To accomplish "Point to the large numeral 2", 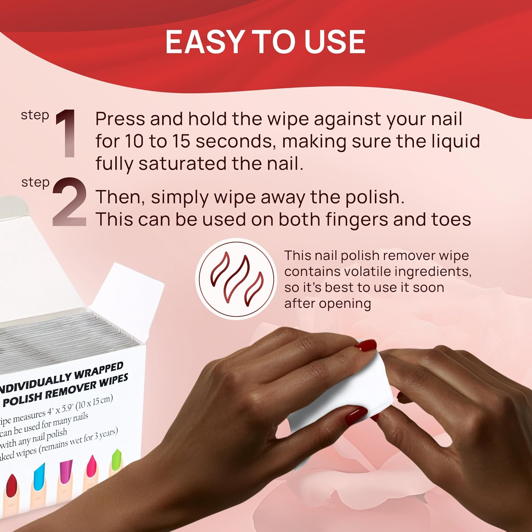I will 70,202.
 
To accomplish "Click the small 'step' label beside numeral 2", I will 35,183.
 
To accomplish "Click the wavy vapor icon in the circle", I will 236,279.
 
